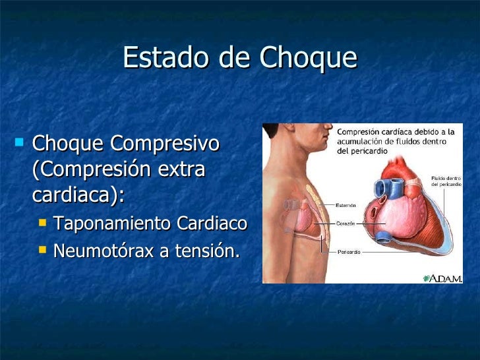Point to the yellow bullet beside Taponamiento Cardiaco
(43, 224)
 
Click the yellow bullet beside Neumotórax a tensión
(43, 250)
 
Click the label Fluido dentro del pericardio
(447, 180)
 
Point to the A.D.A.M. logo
(442, 278)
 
